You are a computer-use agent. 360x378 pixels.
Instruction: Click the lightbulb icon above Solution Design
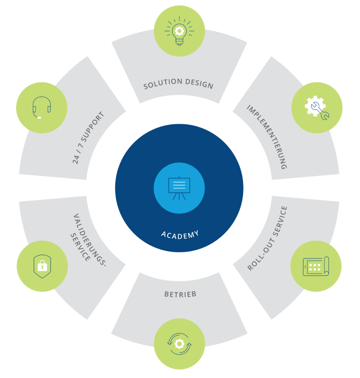click(179, 31)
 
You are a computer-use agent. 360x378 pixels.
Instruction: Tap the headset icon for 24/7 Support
click(41, 107)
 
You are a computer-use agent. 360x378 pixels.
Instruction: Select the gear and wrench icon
click(317, 108)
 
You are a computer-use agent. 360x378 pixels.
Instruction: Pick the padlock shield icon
click(42, 266)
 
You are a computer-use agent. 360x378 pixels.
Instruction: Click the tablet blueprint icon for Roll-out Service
click(316, 266)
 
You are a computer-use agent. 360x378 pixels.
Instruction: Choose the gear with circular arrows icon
click(179, 344)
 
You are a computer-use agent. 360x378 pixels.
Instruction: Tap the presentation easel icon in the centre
click(179, 188)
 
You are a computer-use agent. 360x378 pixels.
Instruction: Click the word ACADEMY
click(180, 234)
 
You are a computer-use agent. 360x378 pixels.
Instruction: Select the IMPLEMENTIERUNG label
click(267, 137)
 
